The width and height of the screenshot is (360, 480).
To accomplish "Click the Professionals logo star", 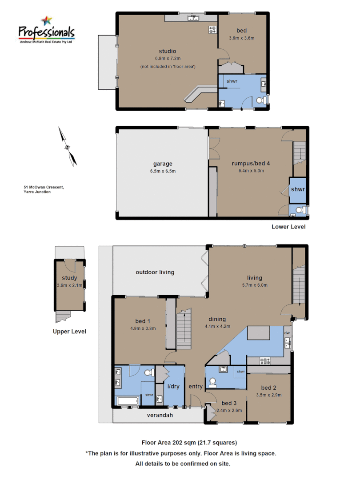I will coord(46,20).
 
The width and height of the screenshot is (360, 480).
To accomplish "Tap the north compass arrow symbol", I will coord(67,147).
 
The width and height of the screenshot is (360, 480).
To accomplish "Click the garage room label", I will coord(163,164).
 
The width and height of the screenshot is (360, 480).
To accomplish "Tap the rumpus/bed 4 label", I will coord(251,163).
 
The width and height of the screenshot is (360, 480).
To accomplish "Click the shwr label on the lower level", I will coord(297,189).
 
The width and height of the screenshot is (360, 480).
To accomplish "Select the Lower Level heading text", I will coord(288,227).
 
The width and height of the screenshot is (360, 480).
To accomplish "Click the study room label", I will coord(69,278).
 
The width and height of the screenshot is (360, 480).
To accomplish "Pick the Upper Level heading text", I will coord(69,332).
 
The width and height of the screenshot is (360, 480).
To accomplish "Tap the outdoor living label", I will coord(155,272).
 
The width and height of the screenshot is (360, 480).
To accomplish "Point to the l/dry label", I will coord(173,386).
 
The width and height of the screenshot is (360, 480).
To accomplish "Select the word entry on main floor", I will coord(196,387).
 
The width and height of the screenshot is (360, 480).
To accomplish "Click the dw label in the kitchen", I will coord(287,332).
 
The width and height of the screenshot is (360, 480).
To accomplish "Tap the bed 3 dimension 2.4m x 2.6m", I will coord(229,410).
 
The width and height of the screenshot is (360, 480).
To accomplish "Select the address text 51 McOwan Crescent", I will coord(44,187).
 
